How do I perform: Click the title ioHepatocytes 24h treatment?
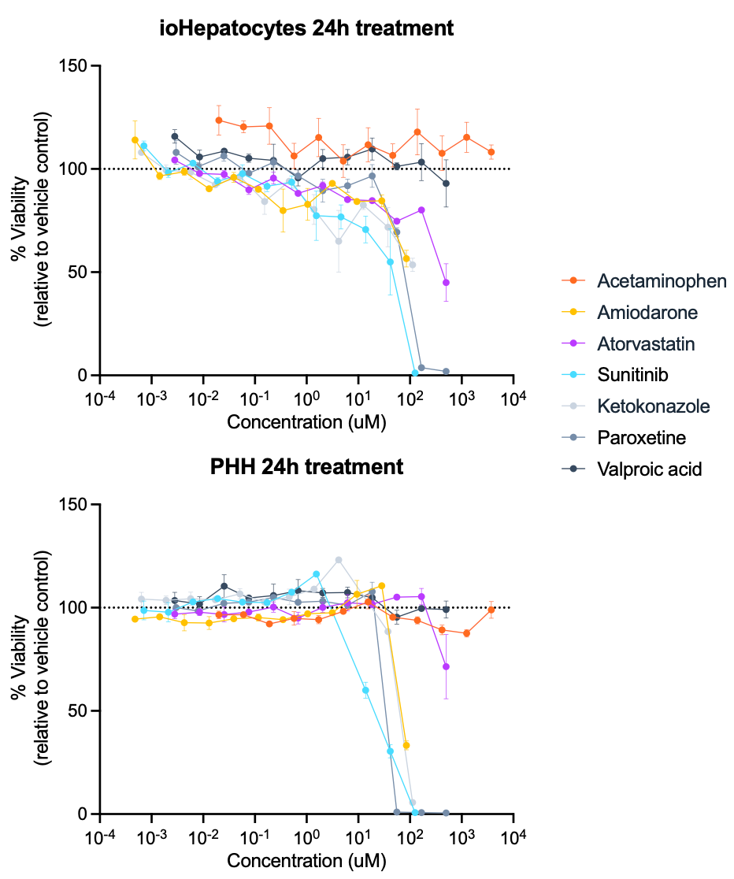(306, 28)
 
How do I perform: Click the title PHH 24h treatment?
(306, 467)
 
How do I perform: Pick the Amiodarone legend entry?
(630, 312)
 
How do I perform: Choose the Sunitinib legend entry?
(615, 374)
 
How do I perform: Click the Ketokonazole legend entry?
(636, 406)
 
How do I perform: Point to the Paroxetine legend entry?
(624, 437)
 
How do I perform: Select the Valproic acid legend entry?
(632, 469)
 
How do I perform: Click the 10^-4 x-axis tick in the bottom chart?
(100, 836)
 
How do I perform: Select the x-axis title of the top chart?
(306, 421)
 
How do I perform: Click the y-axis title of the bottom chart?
(32, 658)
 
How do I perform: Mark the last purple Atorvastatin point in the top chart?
(446, 283)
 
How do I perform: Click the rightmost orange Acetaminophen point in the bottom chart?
(491, 610)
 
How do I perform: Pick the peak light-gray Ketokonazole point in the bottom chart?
(339, 560)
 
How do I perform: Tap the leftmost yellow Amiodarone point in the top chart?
(135, 140)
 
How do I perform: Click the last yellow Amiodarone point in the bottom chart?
(406, 746)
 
